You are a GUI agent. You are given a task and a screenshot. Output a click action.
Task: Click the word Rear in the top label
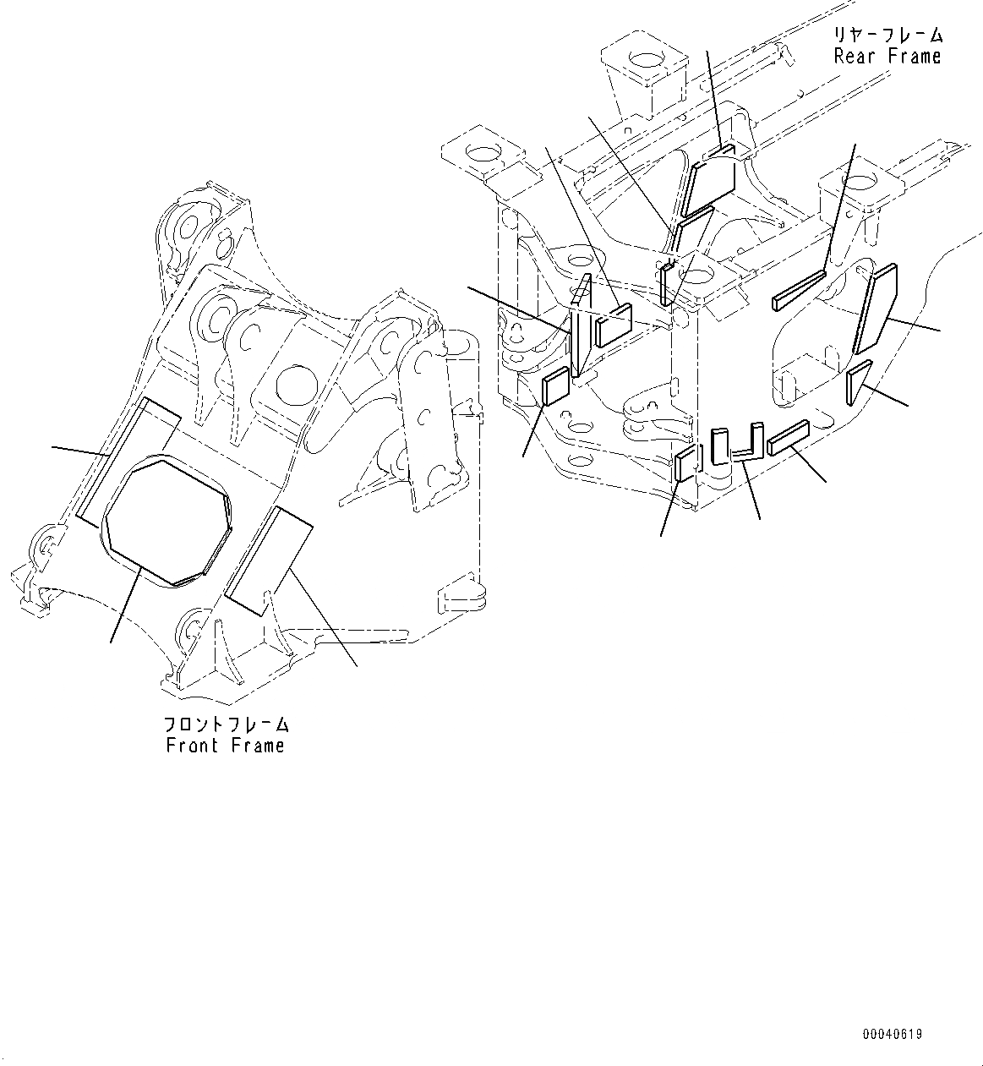pyautogui.click(x=854, y=57)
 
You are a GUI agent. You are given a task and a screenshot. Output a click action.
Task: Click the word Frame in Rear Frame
pyautogui.click(x=914, y=57)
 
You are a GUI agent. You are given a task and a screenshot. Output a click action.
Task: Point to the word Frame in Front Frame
pyautogui.click(x=256, y=746)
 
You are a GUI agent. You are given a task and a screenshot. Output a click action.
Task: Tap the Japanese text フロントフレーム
pyautogui.click(x=226, y=725)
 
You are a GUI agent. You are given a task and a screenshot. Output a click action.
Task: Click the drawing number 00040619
pyautogui.click(x=893, y=1034)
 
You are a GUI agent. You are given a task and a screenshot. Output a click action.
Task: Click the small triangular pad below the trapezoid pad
pyautogui.click(x=857, y=381)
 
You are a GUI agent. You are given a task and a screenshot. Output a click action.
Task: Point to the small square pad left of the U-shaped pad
pyautogui.click(x=685, y=466)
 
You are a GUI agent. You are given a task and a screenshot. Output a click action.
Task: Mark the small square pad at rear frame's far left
pyautogui.click(x=555, y=386)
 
